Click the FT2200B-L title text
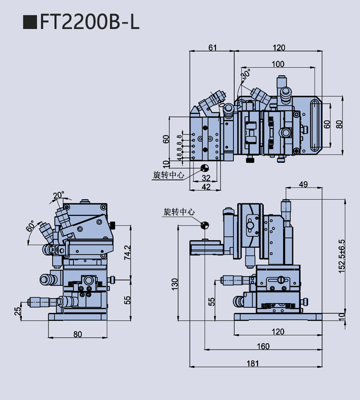(x=90, y=22)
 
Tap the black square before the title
(x=30, y=22)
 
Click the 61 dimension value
(x=212, y=47)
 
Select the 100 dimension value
(x=278, y=64)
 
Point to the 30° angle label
(x=245, y=75)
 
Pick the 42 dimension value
(x=206, y=186)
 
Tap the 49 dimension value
(x=303, y=184)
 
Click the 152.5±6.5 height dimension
(x=341, y=255)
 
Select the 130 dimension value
(x=174, y=284)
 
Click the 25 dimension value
(x=17, y=310)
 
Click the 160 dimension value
(x=263, y=346)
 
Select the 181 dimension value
(x=255, y=364)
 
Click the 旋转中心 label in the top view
(x=168, y=175)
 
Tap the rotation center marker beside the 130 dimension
(x=204, y=225)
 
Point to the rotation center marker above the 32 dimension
(x=204, y=167)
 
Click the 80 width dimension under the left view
(x=77, y=334)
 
